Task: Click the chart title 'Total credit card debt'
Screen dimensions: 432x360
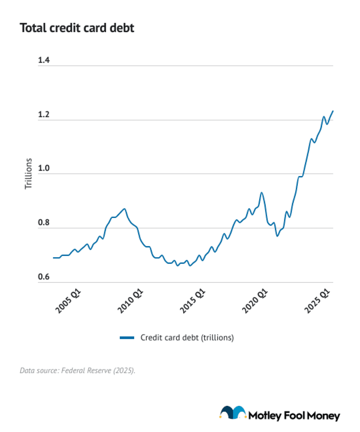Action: point(77,28)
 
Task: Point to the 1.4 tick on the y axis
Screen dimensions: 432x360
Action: point(44,60)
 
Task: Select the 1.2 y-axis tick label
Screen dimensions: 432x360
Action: point(44,114)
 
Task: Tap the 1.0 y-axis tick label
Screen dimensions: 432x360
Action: point(44,168)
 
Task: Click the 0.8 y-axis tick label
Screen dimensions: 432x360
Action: point(44,223)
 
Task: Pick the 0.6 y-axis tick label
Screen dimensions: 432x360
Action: point(44,277)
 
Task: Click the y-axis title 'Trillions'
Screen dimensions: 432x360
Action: point(28,174)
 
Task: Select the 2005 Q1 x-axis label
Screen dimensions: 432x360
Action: point(68,301)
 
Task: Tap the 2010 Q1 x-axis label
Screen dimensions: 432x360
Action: point(130,301)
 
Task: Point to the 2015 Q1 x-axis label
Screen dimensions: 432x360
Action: point(192,301)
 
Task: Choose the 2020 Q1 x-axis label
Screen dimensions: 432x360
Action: point(255,301)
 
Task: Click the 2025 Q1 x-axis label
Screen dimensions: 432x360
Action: point(317,301)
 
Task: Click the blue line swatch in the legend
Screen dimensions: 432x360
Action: point(127,338)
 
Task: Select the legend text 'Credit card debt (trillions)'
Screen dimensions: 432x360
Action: point(187,338)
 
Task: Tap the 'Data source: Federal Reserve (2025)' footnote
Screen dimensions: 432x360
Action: point(77,370)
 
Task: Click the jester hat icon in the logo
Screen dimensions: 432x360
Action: point(233,413)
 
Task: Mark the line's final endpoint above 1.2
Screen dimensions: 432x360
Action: point(333,111)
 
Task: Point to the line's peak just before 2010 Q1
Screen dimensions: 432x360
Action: point(124,209)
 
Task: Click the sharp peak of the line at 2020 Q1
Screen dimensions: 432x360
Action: point(261,192)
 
